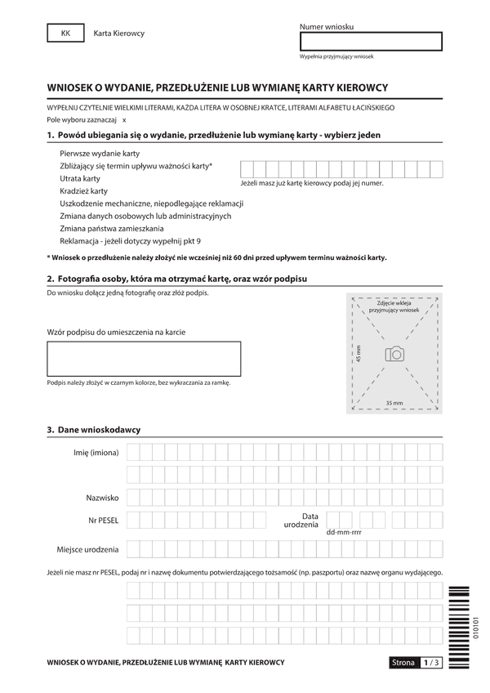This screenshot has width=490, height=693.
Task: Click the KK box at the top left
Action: [66, 33]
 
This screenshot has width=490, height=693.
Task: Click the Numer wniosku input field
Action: [371, 41]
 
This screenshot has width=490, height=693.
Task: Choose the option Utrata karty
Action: [80, 178]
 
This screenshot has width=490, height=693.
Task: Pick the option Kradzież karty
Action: [84, 190]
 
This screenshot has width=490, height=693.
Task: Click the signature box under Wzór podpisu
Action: [144, 359]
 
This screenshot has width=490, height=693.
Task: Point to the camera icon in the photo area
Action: [394, 353]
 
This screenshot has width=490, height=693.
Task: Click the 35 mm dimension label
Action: [394, 403]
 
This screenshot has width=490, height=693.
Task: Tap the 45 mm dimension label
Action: [359, 353]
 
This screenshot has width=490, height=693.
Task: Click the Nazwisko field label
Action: [103, 497]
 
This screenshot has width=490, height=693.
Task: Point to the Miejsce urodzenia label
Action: [88, 548]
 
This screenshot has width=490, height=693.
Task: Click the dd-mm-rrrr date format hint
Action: [343, 532]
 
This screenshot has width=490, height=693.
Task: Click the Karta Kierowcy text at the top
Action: [119, 34]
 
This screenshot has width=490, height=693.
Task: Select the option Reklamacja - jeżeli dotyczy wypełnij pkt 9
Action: [130, 241]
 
